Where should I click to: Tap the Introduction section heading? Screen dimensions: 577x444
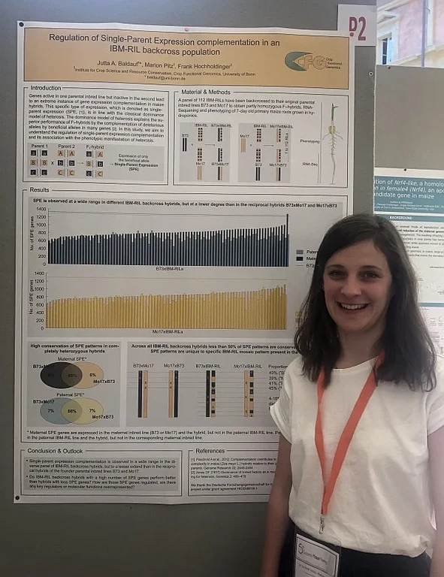point(46,88)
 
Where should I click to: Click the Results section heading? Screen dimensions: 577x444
point(40,191)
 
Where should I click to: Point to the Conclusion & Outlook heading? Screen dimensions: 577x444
point(63,451)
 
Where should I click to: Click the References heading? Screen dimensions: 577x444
point(210,451)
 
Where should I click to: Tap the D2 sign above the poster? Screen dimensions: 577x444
point(358,28)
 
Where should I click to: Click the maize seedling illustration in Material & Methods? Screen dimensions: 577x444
point(333,143)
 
